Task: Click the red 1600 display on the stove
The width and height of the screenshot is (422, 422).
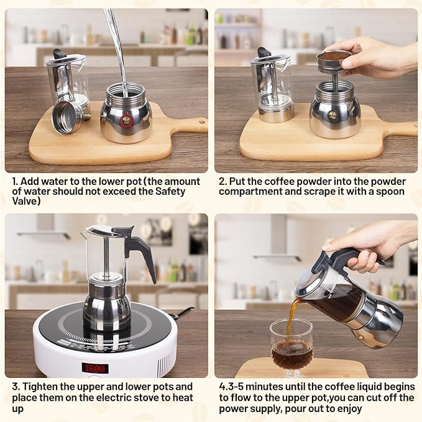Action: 95,368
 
